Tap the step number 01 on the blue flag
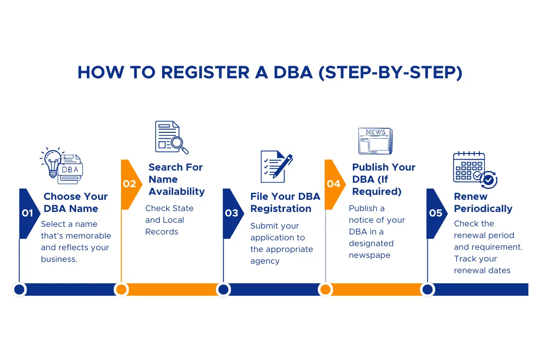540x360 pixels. pyautogui.click(x=27, y=213)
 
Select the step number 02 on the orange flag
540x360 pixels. pyautogui.click(x=129, y=184)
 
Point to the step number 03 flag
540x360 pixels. pyautogui.click(x=231, y=213)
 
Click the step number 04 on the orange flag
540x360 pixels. pyautogui.click(x=333, y=184)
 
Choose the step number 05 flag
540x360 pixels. pyautogui.click(x=435, y=213)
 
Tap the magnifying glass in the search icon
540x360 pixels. pyautogui.click(x=180, y=144)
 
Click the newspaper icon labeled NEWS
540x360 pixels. pyautogui.click(x=375, y=141)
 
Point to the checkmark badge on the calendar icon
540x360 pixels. pyautogui.click(x=489, y=180)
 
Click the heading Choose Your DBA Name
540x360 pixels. pyautogui.click(x=75, y=202)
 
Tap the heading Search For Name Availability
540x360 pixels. pyautogui.click(x=176, y=179)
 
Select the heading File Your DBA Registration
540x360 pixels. pyautogui.click(x=285, y=202)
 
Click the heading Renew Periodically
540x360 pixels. pyautogui.click(x=483, y=202)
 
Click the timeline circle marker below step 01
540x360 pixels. pyautogui.click(x=19, y=289)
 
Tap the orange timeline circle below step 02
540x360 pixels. pyautogui.click(x=121, y=289)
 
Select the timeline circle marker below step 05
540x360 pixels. pyautogui.click(x=427, y=289)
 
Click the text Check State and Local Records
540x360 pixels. pyautogui.click(x=169, y=220)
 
